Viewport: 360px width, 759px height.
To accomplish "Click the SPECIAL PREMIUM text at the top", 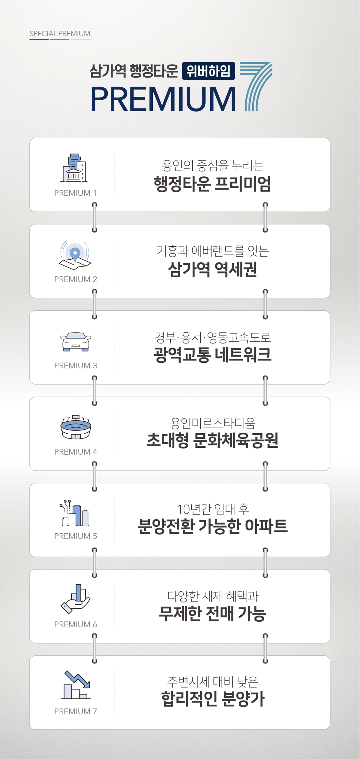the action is (x=60, y=34).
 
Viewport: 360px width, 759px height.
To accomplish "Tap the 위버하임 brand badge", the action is (x=208, y=71).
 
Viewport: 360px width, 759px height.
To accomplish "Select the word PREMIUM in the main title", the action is (x=163, y=99).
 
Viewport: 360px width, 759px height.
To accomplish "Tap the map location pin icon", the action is (x=75, y=255).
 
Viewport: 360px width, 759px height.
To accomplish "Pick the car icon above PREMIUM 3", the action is (x=76, y=342).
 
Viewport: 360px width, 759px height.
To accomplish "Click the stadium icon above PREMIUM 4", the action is (x=76, y=427).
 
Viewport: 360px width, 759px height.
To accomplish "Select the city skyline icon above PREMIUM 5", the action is (x=74, y=513).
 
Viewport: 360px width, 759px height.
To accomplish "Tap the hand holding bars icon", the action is (x=75, y=599).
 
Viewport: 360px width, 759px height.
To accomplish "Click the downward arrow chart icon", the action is (x=77, y=685).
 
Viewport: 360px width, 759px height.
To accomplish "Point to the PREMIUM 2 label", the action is (x=76, y=279).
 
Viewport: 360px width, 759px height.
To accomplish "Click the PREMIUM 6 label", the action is (x=76, y=624).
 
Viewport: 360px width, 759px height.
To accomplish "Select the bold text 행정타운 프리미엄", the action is (x=212, y=184).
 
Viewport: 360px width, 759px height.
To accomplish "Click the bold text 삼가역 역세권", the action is (x=212, y=270).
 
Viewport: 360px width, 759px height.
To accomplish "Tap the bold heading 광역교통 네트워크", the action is (x=212, y=355).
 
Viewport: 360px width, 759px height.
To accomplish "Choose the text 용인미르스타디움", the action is (x=213, y=423).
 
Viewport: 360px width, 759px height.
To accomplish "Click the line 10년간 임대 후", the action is (x=213, y=509).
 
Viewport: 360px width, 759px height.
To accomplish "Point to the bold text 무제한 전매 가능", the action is (x=213, y=614).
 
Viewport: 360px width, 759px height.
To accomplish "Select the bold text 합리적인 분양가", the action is (x=213, y=699).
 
